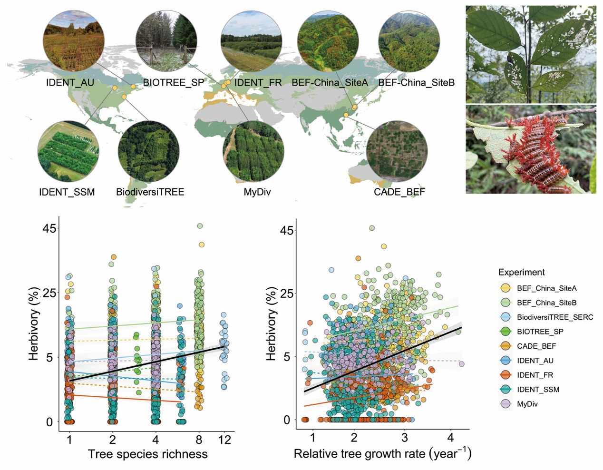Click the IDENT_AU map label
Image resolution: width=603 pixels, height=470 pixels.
pos(70,83)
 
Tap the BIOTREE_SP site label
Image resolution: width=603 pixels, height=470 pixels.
pos(173,83)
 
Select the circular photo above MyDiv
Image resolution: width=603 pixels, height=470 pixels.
pos(253,151)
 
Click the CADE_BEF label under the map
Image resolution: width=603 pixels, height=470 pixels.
pos(399,192)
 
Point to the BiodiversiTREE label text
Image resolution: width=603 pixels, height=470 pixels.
pos(150,192)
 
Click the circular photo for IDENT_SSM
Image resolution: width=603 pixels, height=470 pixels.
pos(68,151)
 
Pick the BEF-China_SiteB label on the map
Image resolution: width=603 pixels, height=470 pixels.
pos(416,83)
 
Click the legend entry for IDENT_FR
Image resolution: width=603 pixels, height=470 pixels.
pos(535,375)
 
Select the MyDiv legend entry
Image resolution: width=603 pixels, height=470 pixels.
pos(527,404)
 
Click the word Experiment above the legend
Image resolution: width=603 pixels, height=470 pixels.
pos(521,272)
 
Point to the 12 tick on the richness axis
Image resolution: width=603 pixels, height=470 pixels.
pos(224,440)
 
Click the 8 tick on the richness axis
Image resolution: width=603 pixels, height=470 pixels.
pos(199,440)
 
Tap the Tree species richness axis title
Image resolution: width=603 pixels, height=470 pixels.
pos(147,454)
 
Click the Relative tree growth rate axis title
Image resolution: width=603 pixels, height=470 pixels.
pos(382,454)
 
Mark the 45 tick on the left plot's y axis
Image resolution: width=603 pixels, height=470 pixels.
pos(49,228)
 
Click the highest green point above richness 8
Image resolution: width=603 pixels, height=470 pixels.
pos(200,226)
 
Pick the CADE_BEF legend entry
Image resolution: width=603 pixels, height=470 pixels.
pos(536,346)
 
